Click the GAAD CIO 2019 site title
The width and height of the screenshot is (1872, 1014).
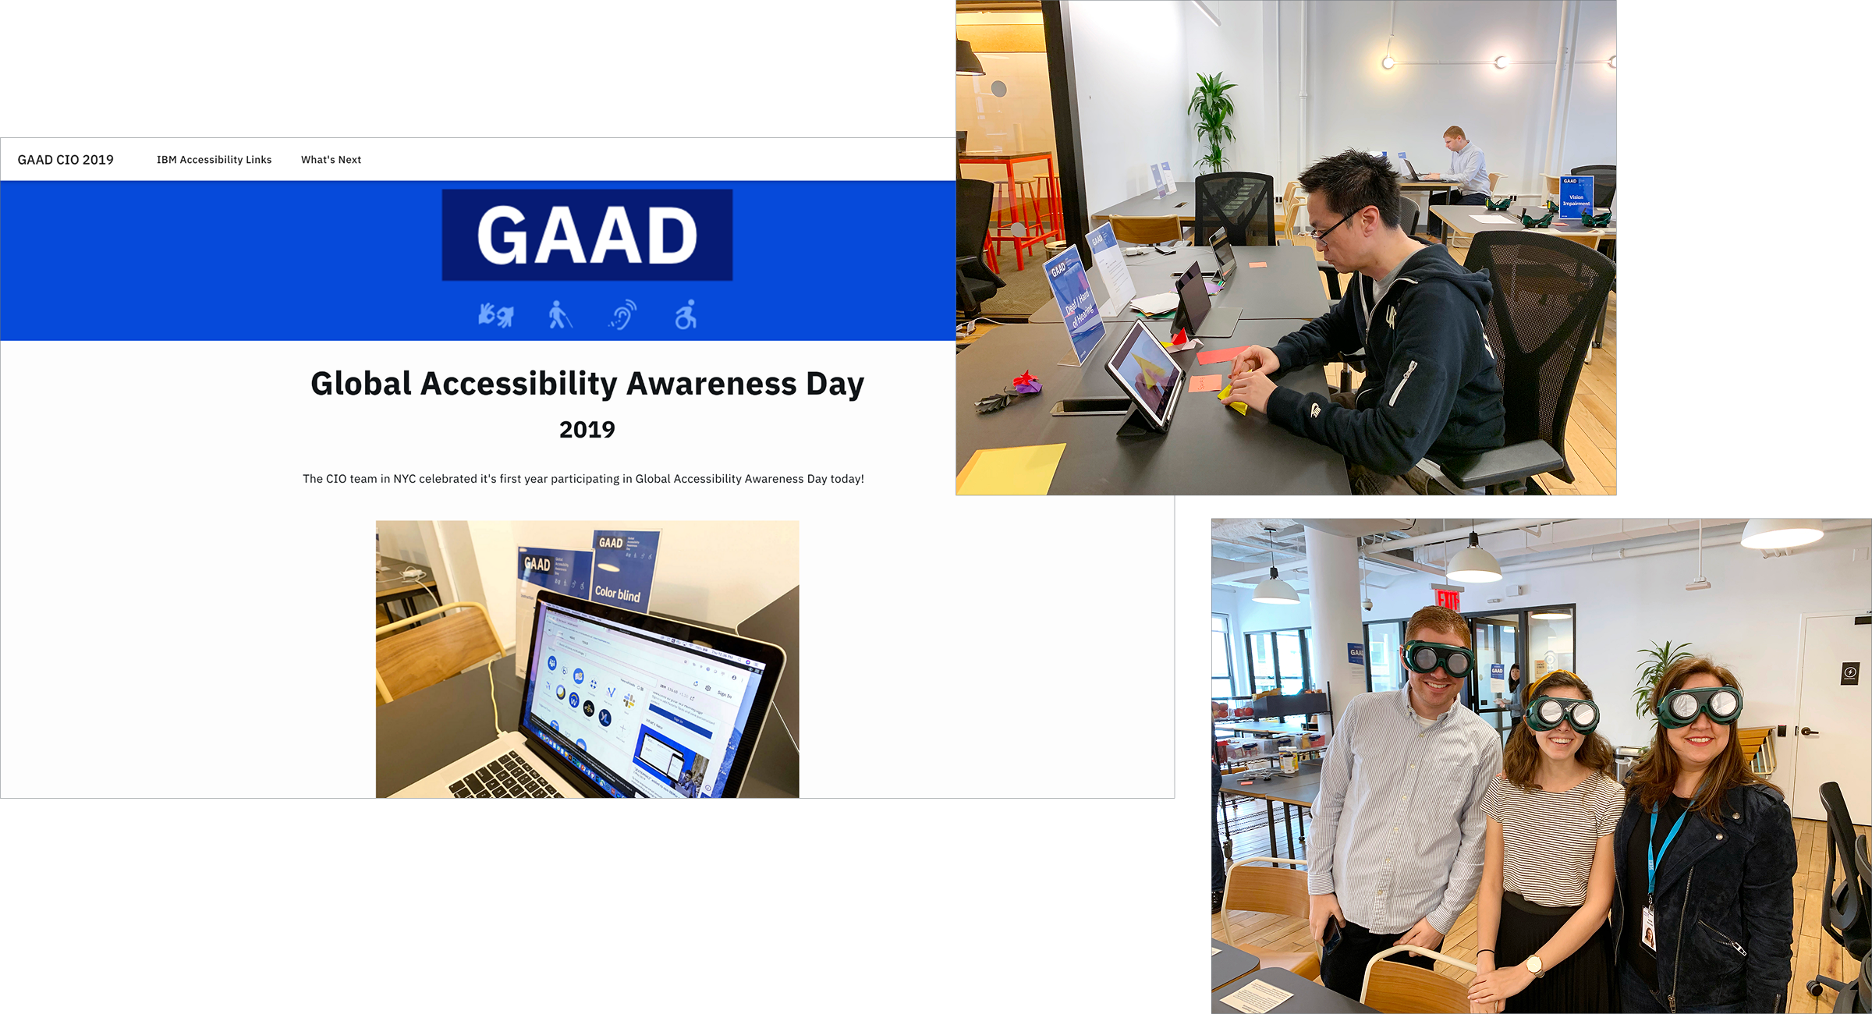pos(66,160)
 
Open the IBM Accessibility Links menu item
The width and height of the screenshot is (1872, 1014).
pos(214,160)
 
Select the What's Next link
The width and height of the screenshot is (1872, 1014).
pos(331,160)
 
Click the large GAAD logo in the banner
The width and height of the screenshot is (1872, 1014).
pos(587,235)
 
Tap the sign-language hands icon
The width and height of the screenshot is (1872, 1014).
pos(495,315)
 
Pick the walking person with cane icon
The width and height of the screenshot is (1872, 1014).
pos(558,315)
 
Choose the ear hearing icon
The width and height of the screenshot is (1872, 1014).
pos(622,315)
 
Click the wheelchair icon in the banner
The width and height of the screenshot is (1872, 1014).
pos(686,315)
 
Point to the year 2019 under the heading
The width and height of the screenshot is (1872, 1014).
pos(587,430)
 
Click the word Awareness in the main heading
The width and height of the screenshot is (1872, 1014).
pos(711,384)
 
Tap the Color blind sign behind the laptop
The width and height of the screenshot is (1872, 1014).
pos(621,573)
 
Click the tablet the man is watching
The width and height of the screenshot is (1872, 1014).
pos(1143,373)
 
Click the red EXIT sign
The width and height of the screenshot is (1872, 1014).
pos(1448,599)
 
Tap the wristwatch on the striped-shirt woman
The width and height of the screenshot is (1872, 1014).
pos(1534,965)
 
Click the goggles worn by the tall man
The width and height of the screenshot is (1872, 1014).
pos(1438,658)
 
